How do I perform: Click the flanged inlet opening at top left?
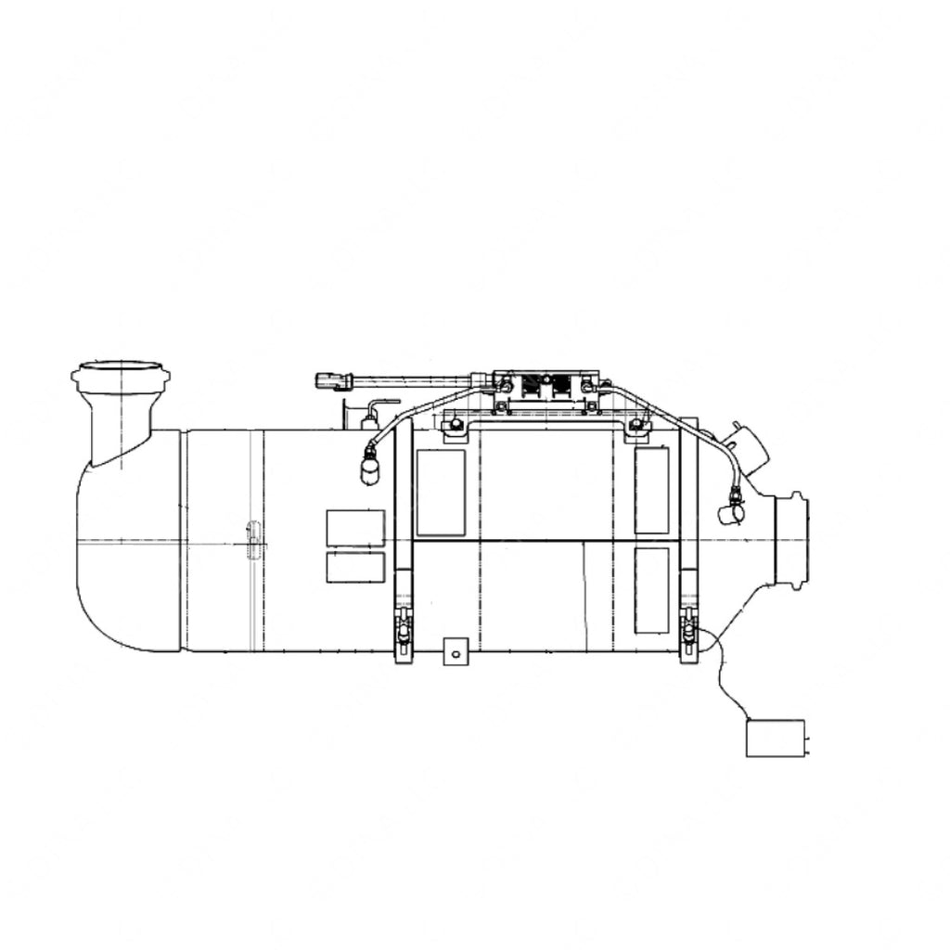(x=121, y=376)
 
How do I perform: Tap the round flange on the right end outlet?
(x=795, y=540)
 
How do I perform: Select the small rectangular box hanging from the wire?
(x=776, y=738)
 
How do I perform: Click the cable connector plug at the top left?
(x=334, y=380)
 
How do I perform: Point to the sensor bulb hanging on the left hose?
(x=370, y=469)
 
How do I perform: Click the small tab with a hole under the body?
(x=453, y=651)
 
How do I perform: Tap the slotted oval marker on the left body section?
(x=252, y=540)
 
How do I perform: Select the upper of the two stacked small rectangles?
(x=355, y=528)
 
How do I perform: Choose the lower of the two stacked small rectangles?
(x=355, y=567)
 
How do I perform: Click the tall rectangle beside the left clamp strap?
(x=441, y=493)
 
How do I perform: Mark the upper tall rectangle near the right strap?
(x=651, y=490)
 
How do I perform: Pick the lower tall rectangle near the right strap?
(x=651, y=590)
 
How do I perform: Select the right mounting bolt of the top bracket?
(x=635, y=427)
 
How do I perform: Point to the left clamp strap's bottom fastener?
(x=403, y=634)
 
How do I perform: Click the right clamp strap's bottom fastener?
(x=689, y=633)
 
